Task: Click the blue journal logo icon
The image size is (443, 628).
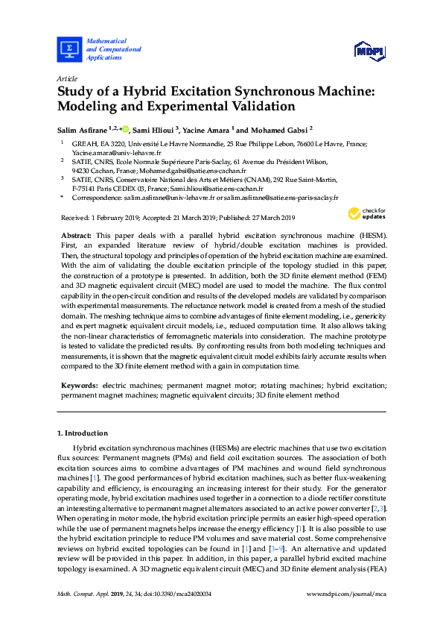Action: [x=69, y=49]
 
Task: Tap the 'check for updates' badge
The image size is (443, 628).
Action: [x=366, y=214]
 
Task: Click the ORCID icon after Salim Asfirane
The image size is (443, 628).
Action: [x=124, y=129]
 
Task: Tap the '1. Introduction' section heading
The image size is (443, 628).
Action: [x=82, y=433]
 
